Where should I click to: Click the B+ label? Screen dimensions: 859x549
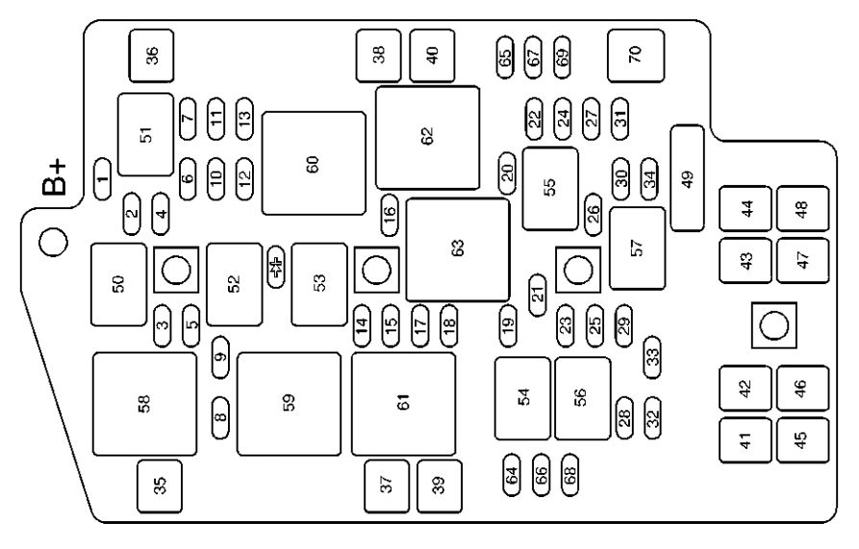pos(55,178)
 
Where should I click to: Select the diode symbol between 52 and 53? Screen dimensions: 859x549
pos(276,267)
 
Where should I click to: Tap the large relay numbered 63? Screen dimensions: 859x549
pos(458,249)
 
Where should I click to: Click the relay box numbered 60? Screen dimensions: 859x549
pos(314,164)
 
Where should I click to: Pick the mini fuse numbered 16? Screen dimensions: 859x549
pos(390,215)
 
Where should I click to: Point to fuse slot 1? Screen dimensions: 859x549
pos(102,179)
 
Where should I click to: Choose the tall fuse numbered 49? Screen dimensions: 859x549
pos(688,178)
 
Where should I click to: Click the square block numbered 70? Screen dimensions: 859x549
pos(636,56)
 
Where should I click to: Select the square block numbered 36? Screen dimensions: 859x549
pos(151,56)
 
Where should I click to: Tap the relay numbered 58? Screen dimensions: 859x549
pos(144,405)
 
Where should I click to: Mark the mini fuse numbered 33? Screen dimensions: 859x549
pos(652,357)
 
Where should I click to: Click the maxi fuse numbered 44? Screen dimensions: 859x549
pos(745,208)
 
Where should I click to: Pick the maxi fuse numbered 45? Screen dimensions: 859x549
pos(802,440)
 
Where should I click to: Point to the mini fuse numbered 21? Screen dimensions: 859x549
pos(538,295)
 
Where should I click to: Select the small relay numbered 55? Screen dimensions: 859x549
pos(550,189)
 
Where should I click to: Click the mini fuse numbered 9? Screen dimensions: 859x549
pos(220,357)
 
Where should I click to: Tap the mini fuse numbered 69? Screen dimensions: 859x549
pos(562,57)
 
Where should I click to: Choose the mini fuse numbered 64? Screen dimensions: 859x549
pos(512,475)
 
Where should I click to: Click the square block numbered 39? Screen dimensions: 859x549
pos(440,486)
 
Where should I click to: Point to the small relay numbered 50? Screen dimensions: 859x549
pos(119,285)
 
